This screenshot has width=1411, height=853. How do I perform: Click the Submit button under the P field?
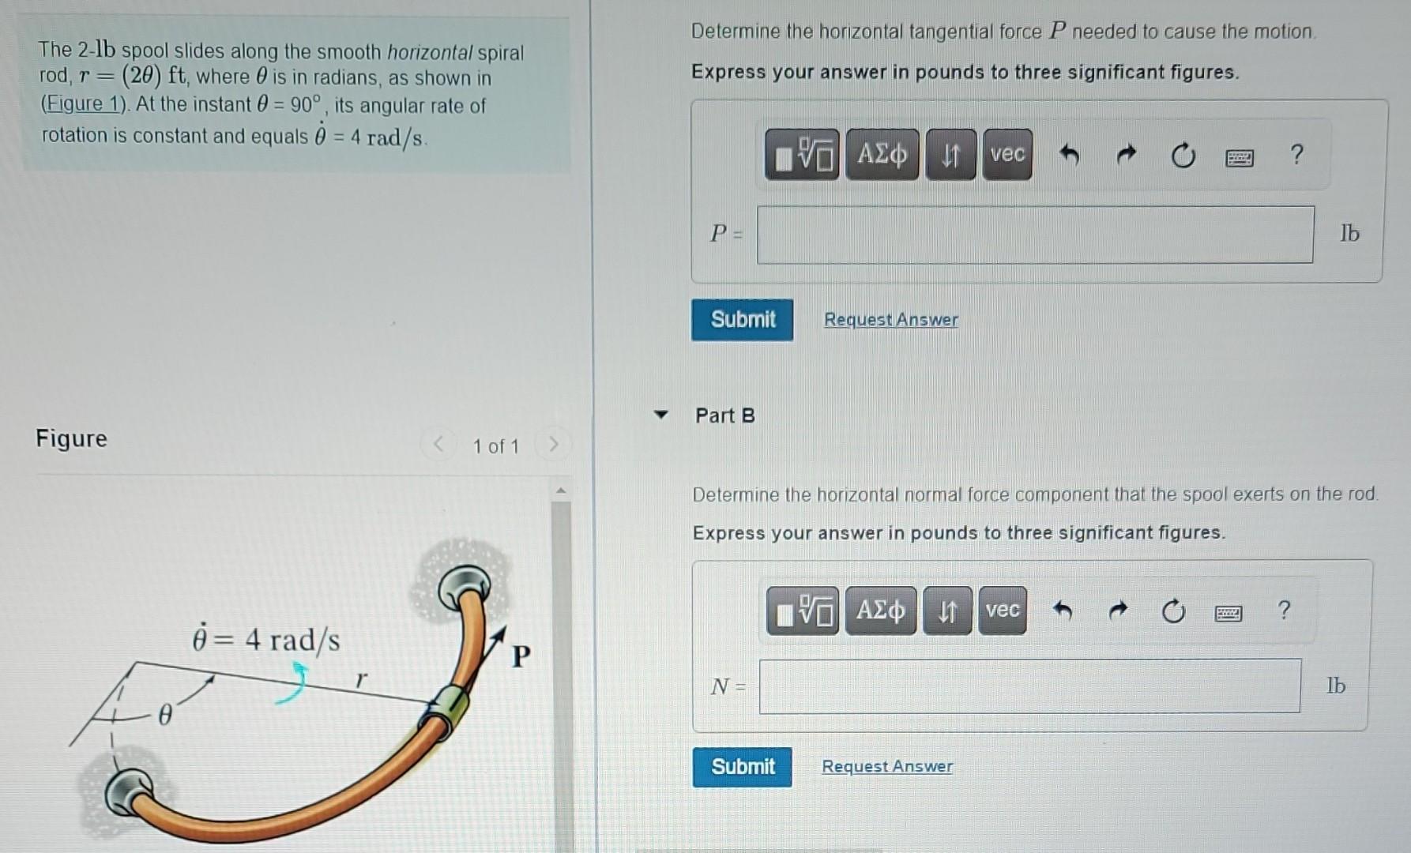point(742,320)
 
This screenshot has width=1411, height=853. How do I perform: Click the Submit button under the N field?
point(742,767)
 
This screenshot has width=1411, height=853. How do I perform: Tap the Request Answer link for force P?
point(890,320)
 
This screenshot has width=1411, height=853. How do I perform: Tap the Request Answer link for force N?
point(887,766)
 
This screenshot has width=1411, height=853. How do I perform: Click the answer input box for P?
point(1035,235)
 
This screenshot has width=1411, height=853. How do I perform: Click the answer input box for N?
point(1029,686)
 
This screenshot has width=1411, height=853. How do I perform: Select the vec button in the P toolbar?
point(1007,154)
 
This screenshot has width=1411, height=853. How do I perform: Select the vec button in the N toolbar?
point(1003,611)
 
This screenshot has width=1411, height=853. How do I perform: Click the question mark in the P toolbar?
point(1296,155)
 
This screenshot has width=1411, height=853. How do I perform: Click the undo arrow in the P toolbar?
point(1069,155)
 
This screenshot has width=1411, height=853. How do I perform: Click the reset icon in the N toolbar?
point(1173,611)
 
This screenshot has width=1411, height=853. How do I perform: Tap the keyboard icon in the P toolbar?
point(1239,158)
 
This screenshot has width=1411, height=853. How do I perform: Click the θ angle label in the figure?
point(164,716)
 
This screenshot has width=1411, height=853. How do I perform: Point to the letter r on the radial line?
point(361,678)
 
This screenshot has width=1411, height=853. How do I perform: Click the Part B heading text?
point(724,415)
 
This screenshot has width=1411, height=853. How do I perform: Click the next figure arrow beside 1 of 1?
point(553,445)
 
